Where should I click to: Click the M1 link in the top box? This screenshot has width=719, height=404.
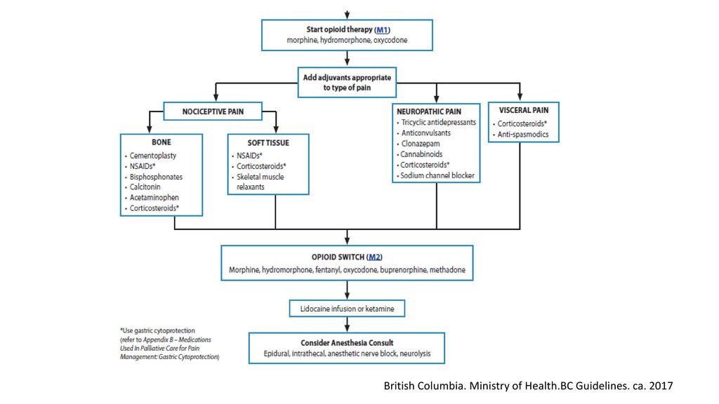click(382, 29)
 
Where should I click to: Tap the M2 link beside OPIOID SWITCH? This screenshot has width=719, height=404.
click(375, 257)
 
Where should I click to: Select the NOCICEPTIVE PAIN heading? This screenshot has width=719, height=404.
click(213, 112)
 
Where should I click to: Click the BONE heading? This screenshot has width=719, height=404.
click(161, 142)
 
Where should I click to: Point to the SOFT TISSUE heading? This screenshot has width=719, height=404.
click(268, 143)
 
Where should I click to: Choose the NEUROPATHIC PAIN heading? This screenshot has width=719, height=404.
click(429, 112)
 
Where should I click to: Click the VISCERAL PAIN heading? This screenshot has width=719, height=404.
click(524, 110)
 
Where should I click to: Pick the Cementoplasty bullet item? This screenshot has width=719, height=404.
click(152, 156)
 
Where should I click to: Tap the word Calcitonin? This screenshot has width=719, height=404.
click(145, 187)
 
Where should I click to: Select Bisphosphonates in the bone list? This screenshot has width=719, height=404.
click(156, 177)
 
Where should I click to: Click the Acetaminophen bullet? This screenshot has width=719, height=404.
click(154, 197)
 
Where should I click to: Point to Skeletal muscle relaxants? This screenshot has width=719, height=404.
click(260, 182)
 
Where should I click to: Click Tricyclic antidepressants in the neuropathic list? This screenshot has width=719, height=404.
click(438, 122)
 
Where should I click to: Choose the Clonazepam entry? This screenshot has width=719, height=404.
click(421, 143)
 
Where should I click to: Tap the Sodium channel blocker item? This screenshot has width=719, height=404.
click(437, 175)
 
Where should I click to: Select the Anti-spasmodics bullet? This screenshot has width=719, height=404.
click(522, 134)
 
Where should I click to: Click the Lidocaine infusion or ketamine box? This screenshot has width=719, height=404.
click(347, 309)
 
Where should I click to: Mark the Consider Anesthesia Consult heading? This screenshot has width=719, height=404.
click(347, 342)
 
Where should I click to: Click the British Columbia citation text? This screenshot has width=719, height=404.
click(528, 386)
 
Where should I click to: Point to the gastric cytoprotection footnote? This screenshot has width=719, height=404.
click(170, 344)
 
